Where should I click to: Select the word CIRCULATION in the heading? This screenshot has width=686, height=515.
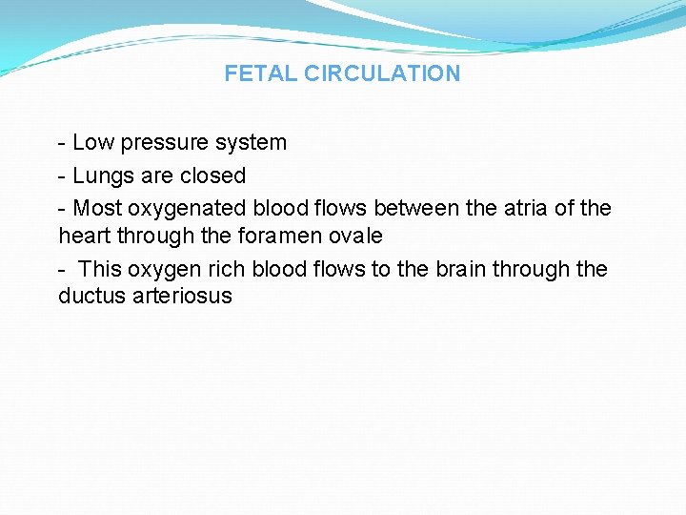[382, 73]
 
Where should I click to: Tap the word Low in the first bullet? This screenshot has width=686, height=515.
[92, 143]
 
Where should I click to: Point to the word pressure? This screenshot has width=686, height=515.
[162, 143]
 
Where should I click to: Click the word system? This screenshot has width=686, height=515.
[250, 143]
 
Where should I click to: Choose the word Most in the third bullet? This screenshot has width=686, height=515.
[97, 208]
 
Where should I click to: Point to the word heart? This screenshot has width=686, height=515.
[85, 236]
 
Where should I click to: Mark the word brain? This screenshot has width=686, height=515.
[462, 269]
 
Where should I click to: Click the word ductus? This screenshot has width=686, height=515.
[91, 296]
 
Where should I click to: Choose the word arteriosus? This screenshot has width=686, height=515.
[181, 296]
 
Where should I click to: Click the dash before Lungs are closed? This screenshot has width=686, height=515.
[62, 176]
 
